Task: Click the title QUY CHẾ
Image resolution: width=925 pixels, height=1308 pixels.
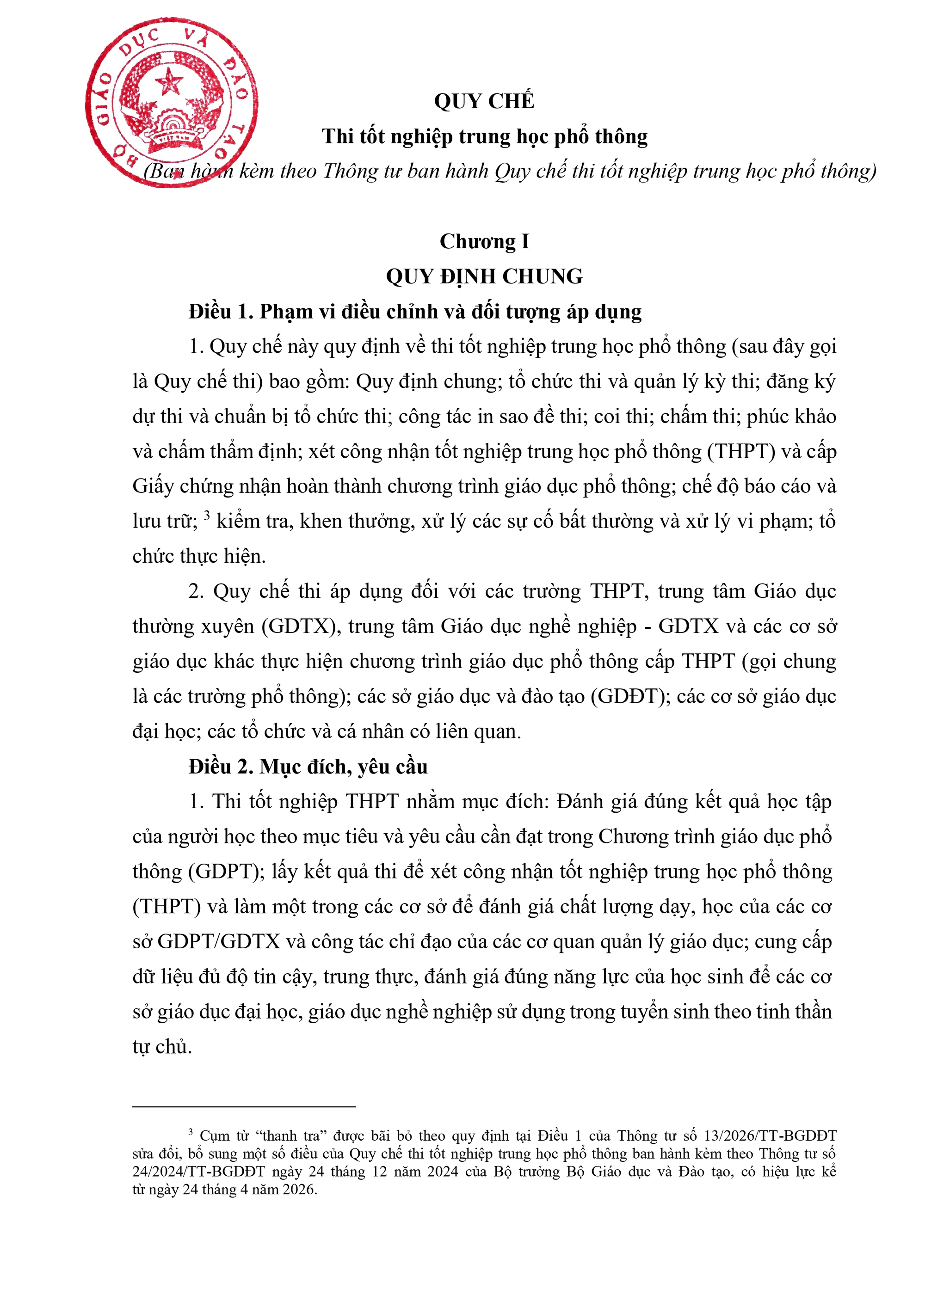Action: point(484,101)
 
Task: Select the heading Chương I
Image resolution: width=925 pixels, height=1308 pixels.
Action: point(484,241)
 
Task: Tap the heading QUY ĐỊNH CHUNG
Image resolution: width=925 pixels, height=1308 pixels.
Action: point(484,277)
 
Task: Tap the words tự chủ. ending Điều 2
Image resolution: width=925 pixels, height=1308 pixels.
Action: point(162,1047)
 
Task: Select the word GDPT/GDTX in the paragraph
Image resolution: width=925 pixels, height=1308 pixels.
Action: point(219,942)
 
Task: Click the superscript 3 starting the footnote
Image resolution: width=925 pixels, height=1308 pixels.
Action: point(191,1133)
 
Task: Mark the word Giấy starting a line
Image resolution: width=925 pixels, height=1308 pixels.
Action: point(153,486)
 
